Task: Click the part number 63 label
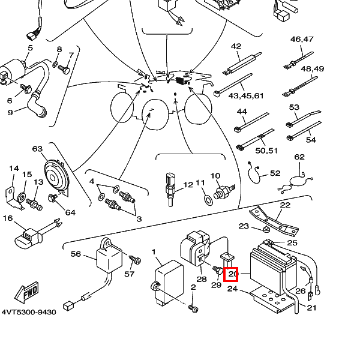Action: [x=37, y=149]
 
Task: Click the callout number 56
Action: [x=76, y=254]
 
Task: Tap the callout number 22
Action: [x=285, y=205]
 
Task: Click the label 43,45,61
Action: [x=246, y=96]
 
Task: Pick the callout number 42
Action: [x=236, y=46]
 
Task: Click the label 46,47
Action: [x=302, y=39]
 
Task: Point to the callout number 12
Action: [x=188, y=185]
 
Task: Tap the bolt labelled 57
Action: [x=134, y=260]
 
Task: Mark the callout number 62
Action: [x=299, y=157]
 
